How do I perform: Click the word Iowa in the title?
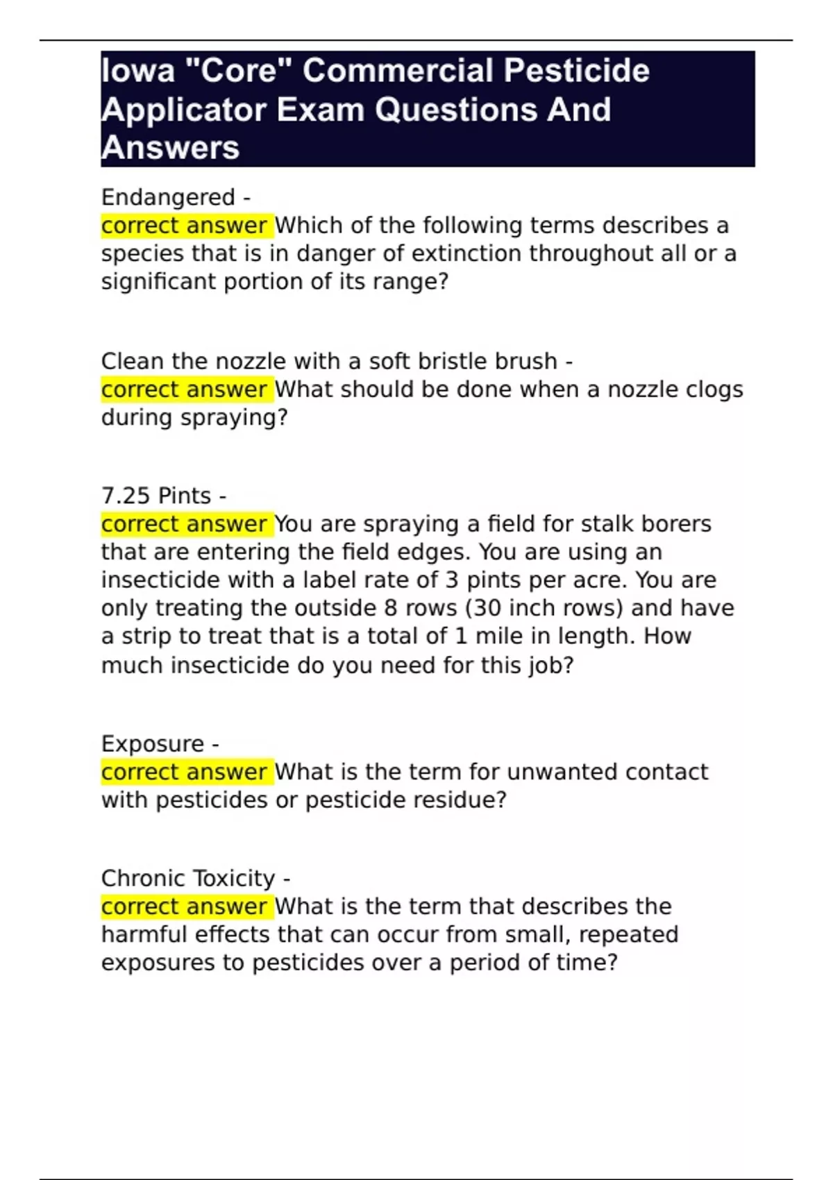point(138,71)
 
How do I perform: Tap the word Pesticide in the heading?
point(576,71)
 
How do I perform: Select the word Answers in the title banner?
point(170,148)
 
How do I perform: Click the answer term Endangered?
point(168,197)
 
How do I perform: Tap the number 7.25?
point(126,496)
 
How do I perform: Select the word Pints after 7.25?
point(185,496)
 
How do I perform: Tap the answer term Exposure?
point(153,743)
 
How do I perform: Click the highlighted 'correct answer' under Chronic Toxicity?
point(184,907)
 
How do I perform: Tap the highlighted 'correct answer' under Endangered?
point(184,226)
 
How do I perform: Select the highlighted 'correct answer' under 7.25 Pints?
point(184,524)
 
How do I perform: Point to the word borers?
point(676,524)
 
